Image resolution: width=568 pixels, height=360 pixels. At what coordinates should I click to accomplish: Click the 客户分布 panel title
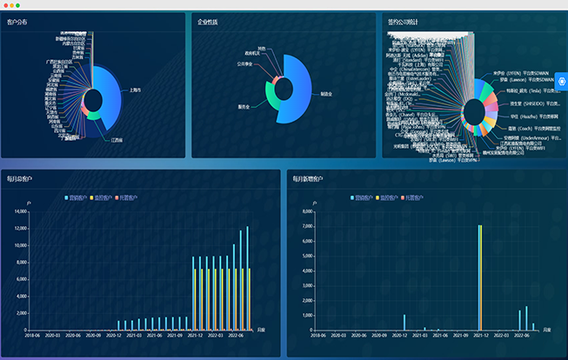click(x=17, y=22)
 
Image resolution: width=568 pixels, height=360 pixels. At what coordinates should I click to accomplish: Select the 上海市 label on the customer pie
click(x=136, y=90)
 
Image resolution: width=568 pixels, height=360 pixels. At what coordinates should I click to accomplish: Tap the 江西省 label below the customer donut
click(x=117, y=138)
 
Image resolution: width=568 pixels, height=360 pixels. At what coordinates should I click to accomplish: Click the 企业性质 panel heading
click(x=208, y=22)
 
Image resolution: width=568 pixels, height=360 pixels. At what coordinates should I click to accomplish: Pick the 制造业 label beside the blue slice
click(x=326, y=93)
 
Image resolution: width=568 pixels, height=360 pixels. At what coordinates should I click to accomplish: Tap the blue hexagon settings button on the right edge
click(x=561, y=82)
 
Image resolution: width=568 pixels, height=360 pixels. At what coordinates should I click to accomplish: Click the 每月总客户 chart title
click(x=19, y=179)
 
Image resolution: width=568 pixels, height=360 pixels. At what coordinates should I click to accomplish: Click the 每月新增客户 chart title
click(x=307, y=179)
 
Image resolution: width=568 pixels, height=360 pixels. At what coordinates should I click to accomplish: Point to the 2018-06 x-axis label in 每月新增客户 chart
click(x=317, y=335)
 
